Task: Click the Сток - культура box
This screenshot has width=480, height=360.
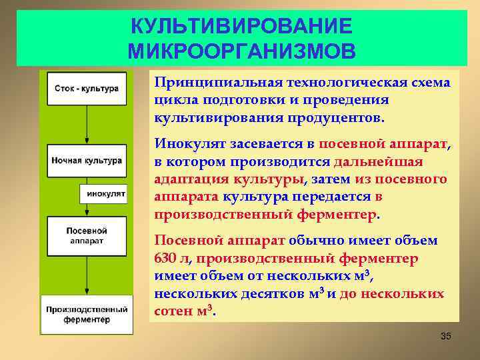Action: [x=87, y=88]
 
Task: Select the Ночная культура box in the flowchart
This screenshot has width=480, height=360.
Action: [x=87, y=161]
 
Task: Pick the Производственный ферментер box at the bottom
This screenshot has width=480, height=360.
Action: [x=87, y=314]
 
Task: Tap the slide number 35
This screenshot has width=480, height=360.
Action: [x=446, y=336]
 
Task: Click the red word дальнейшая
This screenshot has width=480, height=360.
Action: [x=378, y=161]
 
